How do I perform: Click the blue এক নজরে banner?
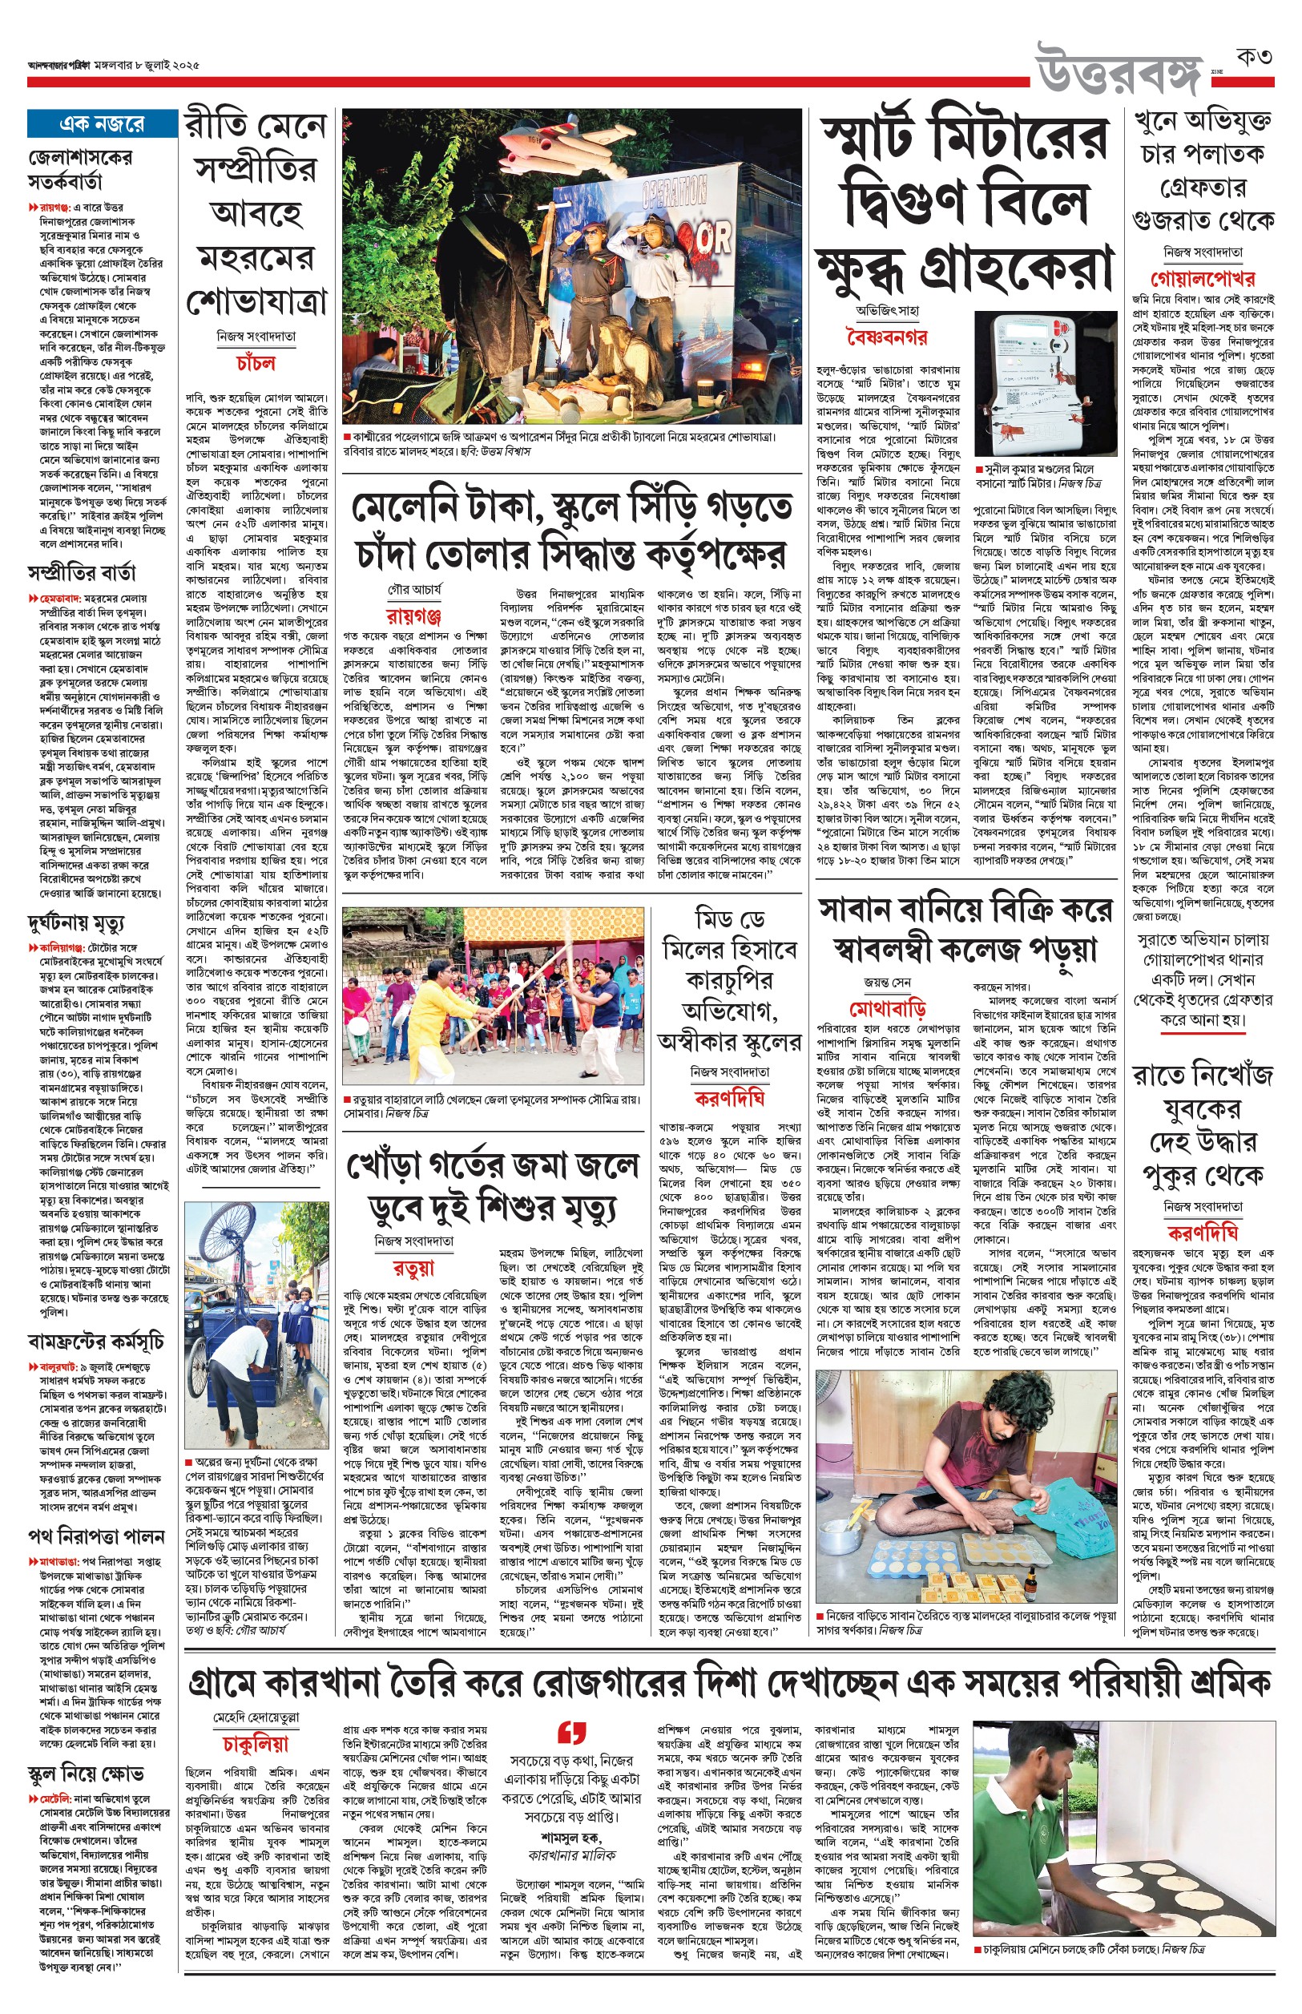tap(102, 123)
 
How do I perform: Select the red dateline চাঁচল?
tap(256, 363)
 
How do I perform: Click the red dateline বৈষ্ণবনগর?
tap(885, 338)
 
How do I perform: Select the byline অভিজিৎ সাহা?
tap(887, 310)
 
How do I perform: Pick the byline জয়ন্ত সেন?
tap(887, 983)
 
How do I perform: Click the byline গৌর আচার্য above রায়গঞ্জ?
tap(414, 588)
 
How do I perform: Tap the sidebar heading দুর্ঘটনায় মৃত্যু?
tap(76, 922)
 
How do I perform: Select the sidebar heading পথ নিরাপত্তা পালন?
tap(95, 1536)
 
